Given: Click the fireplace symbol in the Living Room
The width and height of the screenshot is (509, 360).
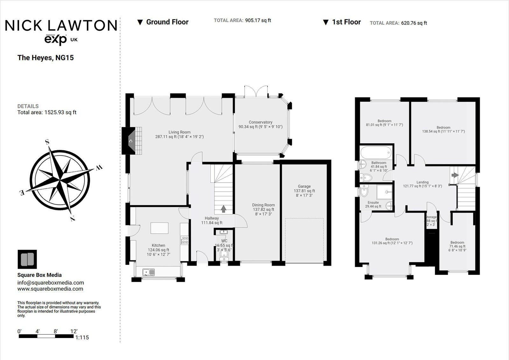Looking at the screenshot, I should coord(130,141).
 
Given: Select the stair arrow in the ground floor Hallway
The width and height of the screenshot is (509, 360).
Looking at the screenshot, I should coord(224,209).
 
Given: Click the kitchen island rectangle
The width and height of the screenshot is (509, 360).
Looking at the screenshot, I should coord(159,228).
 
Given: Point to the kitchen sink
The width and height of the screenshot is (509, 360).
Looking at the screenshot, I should coord(149,272).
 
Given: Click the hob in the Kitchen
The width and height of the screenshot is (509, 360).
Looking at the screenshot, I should coord(185,240).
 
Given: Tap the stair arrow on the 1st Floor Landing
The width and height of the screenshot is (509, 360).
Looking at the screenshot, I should coord(455,175).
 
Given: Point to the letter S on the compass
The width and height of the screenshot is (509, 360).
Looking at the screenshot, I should coord(47,142).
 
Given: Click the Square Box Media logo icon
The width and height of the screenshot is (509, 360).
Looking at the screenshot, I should coord(27,259).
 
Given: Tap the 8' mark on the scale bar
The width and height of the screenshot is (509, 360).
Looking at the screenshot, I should coord(56,331).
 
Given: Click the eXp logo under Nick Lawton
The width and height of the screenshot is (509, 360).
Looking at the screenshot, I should coord(56,40).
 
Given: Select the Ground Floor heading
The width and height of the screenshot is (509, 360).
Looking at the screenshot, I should coord(167,22).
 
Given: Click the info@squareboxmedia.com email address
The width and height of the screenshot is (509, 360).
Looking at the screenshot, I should coord(51,283).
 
